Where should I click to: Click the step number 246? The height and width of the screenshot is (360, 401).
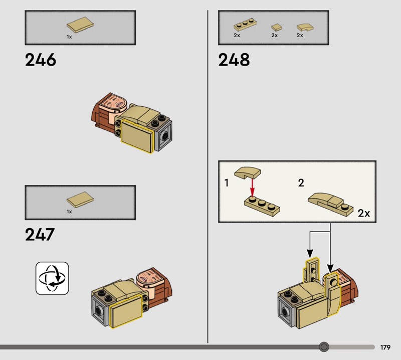[41, 60]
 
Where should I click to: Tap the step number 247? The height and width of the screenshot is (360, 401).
[40, 234]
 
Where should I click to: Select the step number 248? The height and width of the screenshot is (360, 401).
[234, 60]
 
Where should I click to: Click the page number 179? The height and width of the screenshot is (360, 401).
[385, 347]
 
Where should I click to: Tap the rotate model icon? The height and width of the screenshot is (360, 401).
[52, 278]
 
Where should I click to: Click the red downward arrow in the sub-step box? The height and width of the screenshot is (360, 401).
[253, 189]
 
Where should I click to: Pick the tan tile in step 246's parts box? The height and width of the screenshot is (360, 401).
[79, 26]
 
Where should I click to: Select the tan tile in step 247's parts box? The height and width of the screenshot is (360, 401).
[80, 200]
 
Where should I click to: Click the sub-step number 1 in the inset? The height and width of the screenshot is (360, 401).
[227, 183]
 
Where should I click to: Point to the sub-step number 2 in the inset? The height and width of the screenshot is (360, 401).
[301, 183]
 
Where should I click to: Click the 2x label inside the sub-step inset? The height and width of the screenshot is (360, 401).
[364, 213]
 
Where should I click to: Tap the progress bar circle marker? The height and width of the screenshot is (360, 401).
[324, 347]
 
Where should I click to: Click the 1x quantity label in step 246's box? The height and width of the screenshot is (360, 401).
[69, 37]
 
